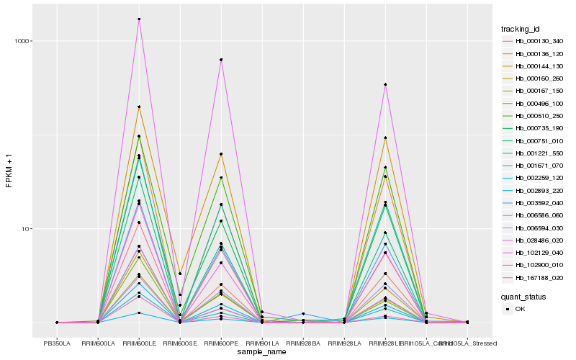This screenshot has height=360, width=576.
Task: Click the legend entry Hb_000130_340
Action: click(534, 41)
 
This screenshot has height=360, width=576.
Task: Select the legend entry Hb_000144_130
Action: click(534, 66)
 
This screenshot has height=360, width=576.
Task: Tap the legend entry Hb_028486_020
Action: click(534, 240)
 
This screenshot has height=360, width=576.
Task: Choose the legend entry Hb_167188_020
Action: click(534, 278)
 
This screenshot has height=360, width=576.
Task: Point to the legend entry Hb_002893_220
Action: click(534, 191)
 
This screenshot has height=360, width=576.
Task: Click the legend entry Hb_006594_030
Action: click(534, 228)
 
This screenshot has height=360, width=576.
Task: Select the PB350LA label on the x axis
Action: click(57, 343)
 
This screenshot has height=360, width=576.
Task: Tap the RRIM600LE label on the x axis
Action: click(139, 343)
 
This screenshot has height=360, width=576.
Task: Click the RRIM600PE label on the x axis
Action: click(221, 343)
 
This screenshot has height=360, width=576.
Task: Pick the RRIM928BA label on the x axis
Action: click(303, 343)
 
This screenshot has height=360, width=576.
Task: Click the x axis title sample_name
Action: click(262, 352)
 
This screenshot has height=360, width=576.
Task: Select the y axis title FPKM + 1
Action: click(9, 171)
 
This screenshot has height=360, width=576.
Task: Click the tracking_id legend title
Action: click(521, 29)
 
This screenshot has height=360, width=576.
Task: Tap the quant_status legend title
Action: click(524, 296)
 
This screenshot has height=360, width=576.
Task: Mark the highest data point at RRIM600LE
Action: click(139, 19)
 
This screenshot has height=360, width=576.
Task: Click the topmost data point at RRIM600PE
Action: click(221, 60)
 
